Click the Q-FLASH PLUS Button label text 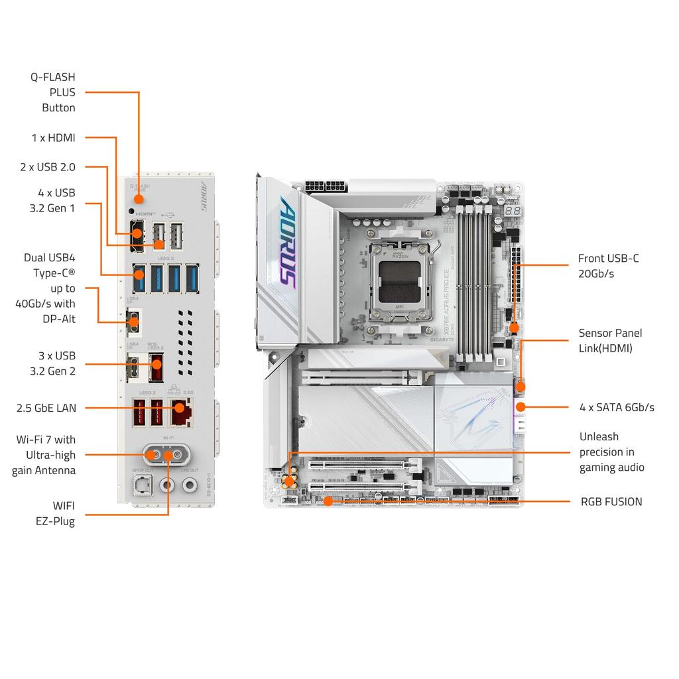pyautogui.click(x=53, y=92)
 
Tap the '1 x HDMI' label pyautogui.click(x=53, y=138)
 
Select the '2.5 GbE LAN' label pyautogui.click(x=46, y=408)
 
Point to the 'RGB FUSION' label pyautogui.click(x=611, y=502)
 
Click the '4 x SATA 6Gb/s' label pyautogui.click(x=617, y=407)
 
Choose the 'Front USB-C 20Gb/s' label pyautogui.click(x=608, y=266)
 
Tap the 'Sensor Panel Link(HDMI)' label pyautogui.click(x=610, y=340)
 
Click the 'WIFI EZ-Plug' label pyautogui.click(x=55, y=513)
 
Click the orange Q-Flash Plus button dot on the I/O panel pyautogui.click(x=139, y=198)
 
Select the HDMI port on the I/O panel pyautogui.click(x=137, y=233)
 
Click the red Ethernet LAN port pyautogui.click(x=178, y=412)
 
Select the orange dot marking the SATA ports pyautogui.click(x=521, y=406)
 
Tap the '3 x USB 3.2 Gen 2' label pyautogui.click(x=52, y=363)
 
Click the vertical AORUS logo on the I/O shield pyautogui.click(x=204, y=197)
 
